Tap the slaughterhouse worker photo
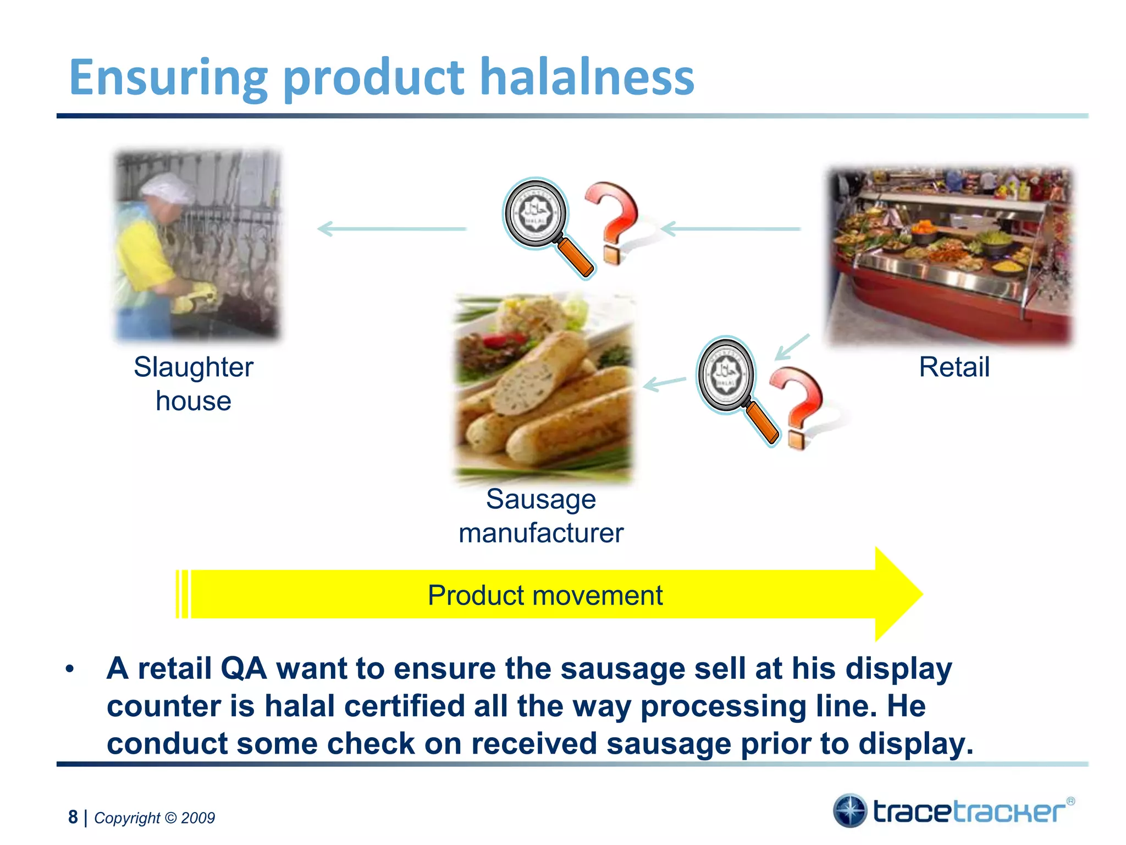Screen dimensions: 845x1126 click(x=197, y=245)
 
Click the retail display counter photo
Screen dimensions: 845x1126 click(x=950, y=256)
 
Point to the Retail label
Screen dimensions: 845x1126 click(x=954, y=367)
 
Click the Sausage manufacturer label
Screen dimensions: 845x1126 click(x=541, y=516)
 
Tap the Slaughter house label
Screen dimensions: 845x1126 click(x=194, y=383)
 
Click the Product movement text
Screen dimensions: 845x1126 click(x=545, y=595)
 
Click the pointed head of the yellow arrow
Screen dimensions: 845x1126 click(x=899, y=594)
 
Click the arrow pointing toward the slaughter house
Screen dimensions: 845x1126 click(x=392, y=228)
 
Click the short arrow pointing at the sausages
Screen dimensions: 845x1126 click(x=664, y=383)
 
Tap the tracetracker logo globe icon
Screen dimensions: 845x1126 click(x=849, y=810)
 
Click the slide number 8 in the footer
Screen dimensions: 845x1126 click(x=73, y=817)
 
